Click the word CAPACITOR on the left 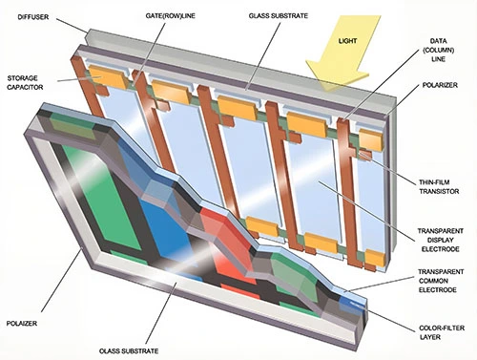pyautogui.click(x=31, y=91)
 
